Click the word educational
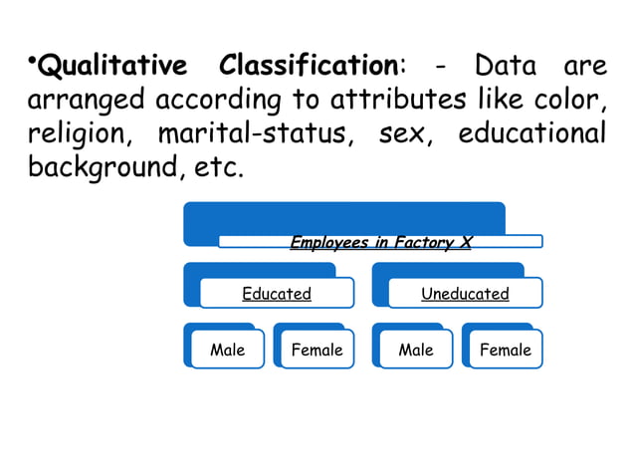click(x=532, y=132)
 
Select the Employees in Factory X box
click(x=380, y=242)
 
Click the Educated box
click(x=277, y=294)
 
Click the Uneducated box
click(x=465, y=294)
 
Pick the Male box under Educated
click(x=227, y=350)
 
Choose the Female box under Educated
click(x=317, y=350)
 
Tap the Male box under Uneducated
click(x=416, y=350)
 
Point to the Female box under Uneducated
click(x=506, y=350)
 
